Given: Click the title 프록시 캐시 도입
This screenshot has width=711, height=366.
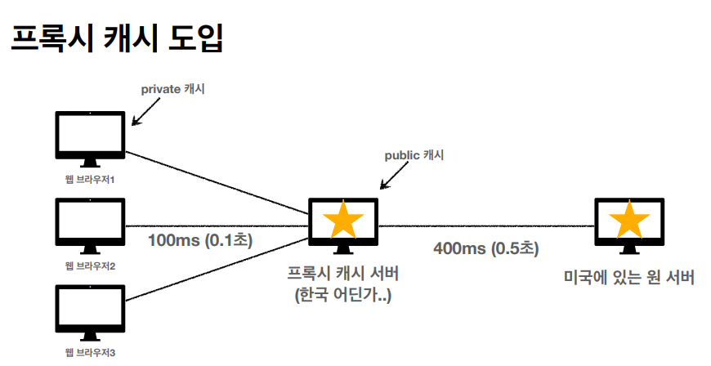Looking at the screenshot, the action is pos(116,38).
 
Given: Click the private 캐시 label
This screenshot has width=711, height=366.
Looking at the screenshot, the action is pos(173,89).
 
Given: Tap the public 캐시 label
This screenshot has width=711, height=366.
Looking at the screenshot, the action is pos(414,154).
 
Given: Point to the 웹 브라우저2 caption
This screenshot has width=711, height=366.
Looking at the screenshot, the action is pos(91,266).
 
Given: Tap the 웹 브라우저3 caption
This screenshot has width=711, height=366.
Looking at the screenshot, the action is pos(91,353).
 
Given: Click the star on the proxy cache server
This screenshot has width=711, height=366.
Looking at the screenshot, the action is pos(343,220).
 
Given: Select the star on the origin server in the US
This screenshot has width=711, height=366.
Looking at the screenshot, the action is pos(629,220).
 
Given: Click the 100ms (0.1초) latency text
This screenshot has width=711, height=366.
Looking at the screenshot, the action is pos(200,240).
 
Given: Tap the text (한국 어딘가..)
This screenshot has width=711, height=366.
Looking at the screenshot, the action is pos(343,295).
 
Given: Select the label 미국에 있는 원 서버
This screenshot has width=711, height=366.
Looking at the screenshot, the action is pos(629,278).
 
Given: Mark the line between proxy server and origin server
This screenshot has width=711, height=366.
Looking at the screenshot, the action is pos(485,225).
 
